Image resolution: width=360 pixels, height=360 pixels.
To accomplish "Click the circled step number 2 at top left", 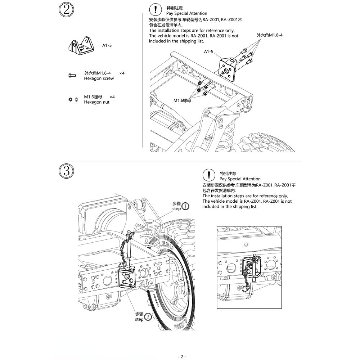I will pos(66,10).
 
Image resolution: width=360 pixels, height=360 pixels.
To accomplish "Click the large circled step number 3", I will pos(66,171).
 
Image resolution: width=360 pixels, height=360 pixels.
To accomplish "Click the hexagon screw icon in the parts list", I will pos(72,75).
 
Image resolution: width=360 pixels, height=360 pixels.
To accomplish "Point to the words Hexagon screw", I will pos(99,78).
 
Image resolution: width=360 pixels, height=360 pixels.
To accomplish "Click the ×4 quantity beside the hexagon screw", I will pos(122,73).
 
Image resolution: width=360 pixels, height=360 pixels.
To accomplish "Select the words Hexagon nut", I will pos(96,102).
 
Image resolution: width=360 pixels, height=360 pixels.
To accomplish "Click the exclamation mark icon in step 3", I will pos(208,175).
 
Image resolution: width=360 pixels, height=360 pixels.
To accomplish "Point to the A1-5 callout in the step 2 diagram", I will pos(209,52).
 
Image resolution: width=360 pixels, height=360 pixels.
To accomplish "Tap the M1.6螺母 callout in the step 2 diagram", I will pos(182,100).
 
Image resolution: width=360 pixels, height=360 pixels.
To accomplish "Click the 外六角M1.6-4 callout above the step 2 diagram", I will pos(270,35).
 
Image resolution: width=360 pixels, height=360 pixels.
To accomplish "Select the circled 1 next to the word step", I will pos(185,207).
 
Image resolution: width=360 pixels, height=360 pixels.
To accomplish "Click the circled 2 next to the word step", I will pos(148,317).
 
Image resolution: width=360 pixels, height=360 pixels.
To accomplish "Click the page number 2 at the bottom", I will pos(182,356).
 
